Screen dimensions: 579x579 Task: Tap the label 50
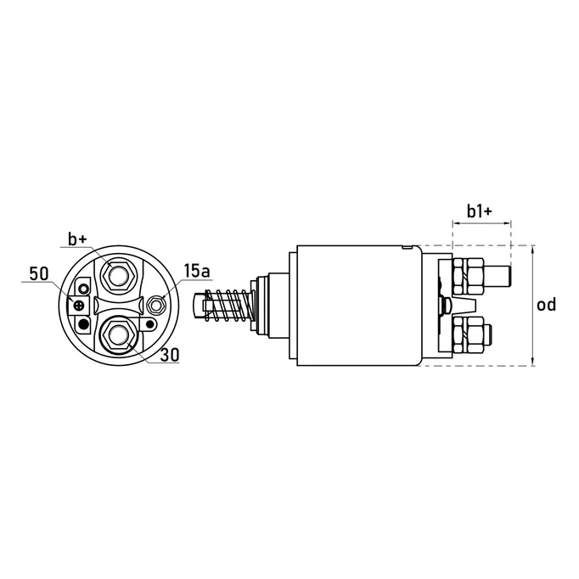coord(38,274)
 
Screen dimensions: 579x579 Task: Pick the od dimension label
coord(548,305)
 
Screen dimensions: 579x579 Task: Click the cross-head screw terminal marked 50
coord(81,305)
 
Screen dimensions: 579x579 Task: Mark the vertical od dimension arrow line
coord(532,306)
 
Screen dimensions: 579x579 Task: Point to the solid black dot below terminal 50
coord(83,323)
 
